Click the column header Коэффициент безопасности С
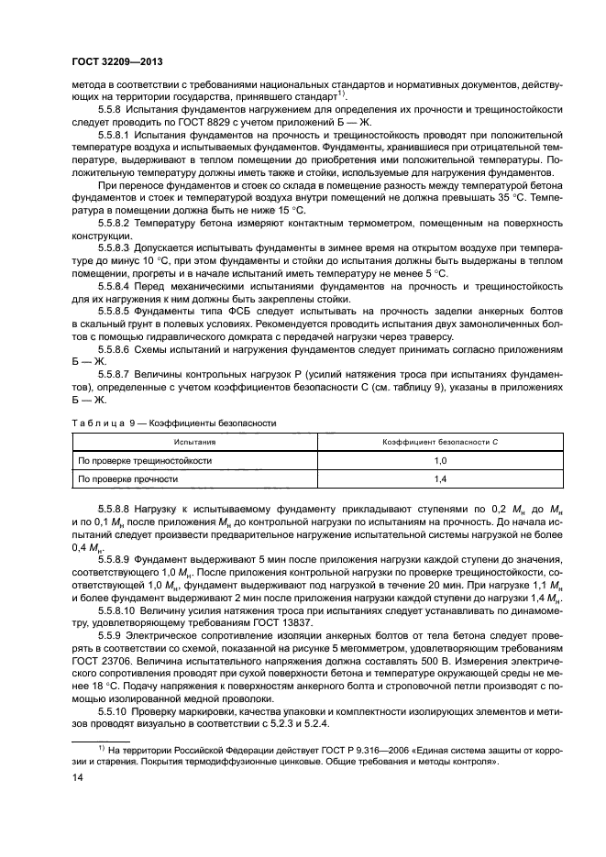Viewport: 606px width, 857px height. [x=440, y=441]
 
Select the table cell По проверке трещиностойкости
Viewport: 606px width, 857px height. [x=146, y=460]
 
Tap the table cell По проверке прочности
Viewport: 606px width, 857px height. [x=127, y=478]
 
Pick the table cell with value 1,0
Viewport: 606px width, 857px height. [x=439, y=460]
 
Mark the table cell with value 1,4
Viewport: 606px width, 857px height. [x=439, y=478]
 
